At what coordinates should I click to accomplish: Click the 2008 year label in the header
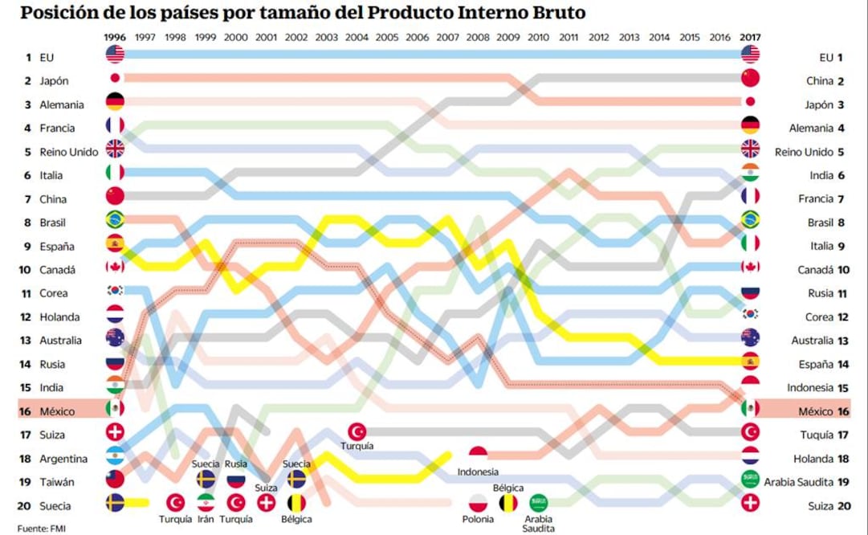pyautogui.click(x=477, y=37)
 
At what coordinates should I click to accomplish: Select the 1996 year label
pyautogui.click(x=115, y=37)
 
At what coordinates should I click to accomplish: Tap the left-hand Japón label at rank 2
pyautogui.click(x=54, y=81)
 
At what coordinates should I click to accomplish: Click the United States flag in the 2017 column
pyautogui.click(x=750, y=54)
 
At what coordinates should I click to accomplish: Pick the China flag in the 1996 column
pyautogui.click(x=115, y=195)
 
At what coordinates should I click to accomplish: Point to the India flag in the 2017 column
pyautogui.click(x=750, y=172)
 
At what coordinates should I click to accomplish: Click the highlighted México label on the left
pyautogui.click(x=57, y=411)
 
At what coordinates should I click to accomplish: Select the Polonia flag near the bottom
pyautogui.click(x=478, y=504)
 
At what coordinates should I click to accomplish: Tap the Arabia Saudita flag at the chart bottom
pyautogui.click(x=538, y=503)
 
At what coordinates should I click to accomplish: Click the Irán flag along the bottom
pyautogui.click(x=206, y=503)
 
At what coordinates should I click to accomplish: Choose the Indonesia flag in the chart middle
pyautogui.click(x=478, y=455)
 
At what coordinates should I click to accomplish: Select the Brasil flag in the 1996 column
pyautogui.click(x=115, y=219)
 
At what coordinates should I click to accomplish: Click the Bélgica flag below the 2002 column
pyautogui.click(x=296, y=504)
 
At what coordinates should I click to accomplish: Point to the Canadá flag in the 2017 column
pyautogui.click(x=750, y=267)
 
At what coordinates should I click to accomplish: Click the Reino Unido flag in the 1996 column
pyautogui.click(x=115, y=149)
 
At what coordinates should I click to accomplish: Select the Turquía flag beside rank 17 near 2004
pyautogui.click(x=357, y=431)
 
